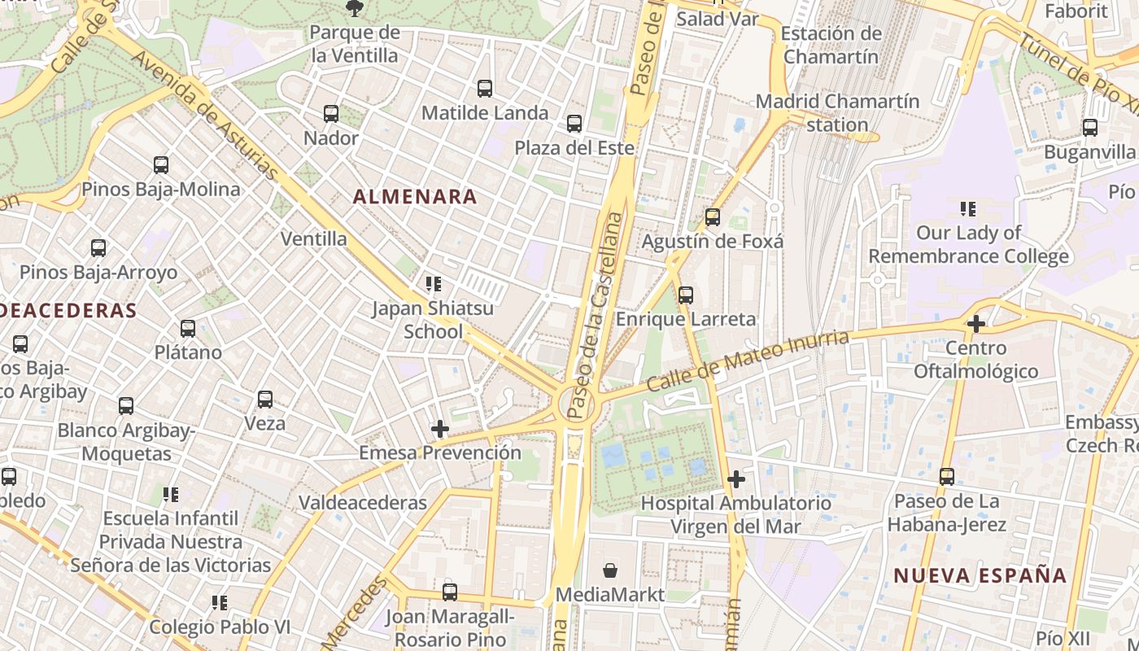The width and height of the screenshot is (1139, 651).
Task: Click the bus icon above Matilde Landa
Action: pos(485,89)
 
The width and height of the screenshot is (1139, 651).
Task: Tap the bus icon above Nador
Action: pos(331,114)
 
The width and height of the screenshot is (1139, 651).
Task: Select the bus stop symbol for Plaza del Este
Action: pos(574,124)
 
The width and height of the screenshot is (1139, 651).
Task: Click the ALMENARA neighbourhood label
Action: pos(415,196)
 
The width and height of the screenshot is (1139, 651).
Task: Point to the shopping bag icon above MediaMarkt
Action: pos(610,570)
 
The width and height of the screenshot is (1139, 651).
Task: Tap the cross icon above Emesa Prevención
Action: pos(440,428)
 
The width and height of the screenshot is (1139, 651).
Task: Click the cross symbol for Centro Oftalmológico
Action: pos(976,324)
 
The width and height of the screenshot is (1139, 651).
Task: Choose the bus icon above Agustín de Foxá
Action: pos(713,217)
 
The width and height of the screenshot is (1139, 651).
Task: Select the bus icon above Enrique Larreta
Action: pos(686,295)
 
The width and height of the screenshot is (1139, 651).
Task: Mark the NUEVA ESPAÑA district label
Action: pos(980,575)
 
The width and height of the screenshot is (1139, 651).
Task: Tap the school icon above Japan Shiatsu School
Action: pos(434,284)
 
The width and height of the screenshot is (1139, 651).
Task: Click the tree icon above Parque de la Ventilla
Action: pos(354,9)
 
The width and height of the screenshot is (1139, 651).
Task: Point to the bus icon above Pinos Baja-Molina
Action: pos(161,165)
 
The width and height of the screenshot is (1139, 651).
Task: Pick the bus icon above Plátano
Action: pos(188,329)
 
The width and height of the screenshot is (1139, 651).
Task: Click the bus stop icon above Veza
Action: pos(265,400)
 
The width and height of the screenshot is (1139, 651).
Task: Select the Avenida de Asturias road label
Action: pos(203,114)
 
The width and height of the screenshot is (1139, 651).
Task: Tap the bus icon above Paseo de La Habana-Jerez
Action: pos(947,477)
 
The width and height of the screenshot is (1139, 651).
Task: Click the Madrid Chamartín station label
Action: pos(838,113)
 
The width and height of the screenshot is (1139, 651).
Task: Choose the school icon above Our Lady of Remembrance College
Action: pos(968,209)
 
